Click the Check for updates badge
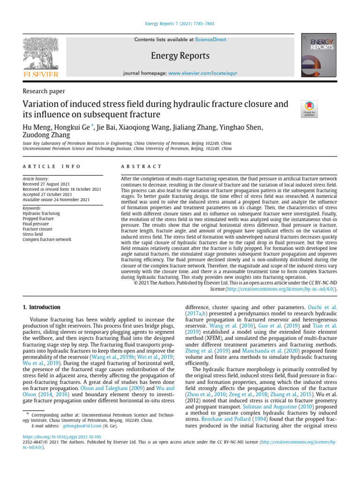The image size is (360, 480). click(x=310, y=109)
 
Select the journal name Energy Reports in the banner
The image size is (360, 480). click(x=180, y=56)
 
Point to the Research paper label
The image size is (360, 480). click(x=44, y=91)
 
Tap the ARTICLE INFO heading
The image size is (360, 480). click(x=52, y=166)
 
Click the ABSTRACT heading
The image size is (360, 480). click(x=141, y=166)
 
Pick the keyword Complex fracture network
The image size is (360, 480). click(x=47, y=239)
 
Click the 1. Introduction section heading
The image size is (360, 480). click(x=42, y=307)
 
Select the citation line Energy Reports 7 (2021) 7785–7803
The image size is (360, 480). click(x=180, y=24)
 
